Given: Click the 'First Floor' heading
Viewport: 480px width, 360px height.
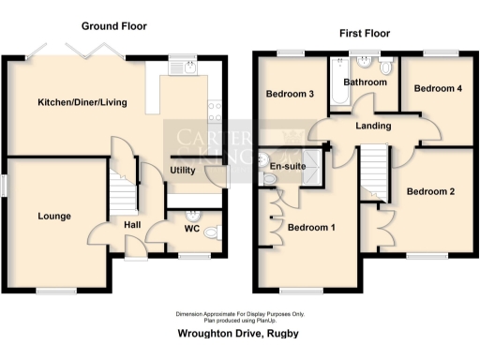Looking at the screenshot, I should coord(364,33).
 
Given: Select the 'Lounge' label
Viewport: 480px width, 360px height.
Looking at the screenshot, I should coord(54,217).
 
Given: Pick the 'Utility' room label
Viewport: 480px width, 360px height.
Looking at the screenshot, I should coord(182,170).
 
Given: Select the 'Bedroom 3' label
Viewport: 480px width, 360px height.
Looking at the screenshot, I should coord(290,95).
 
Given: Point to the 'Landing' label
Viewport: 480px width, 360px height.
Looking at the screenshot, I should coord(373,126).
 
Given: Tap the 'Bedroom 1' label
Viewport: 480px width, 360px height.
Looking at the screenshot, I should coord(311,227).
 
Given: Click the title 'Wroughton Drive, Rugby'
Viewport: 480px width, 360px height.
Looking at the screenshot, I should coord(239,334).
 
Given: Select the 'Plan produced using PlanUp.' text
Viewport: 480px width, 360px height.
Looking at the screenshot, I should coord(239,319).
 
